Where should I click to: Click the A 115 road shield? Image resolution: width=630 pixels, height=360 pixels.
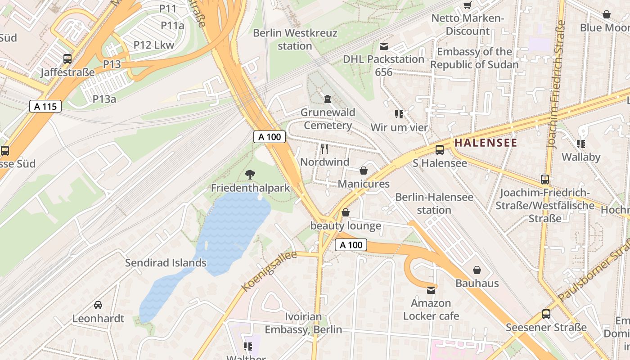pos(45,106)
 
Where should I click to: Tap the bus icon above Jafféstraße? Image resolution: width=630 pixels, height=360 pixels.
pos(67,58)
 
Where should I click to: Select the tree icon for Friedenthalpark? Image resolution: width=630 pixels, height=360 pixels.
pos(250,174)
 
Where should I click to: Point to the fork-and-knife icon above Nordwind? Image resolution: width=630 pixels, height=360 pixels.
pos(324,148)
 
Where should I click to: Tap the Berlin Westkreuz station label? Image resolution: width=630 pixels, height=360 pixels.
pos(295,40)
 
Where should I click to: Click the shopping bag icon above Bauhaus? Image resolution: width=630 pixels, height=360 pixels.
pos(477,270)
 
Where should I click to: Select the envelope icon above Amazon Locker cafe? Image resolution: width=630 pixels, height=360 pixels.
pos(431,290)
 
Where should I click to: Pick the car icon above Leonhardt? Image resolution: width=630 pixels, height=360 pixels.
pos(98,305)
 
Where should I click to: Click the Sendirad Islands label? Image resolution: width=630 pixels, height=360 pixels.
pos(166,263)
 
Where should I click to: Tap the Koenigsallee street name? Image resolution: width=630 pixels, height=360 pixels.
pos(269,271)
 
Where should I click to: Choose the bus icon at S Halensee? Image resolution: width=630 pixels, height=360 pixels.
pos(440,150)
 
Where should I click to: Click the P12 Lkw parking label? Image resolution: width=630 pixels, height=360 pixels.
pos(154,45)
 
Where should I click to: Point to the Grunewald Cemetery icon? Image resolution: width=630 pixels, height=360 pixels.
pos(328,98)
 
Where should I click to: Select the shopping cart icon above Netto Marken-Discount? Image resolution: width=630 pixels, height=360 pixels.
pos(468,5)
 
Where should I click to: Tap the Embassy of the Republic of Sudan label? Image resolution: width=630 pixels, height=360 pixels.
pos(474,58)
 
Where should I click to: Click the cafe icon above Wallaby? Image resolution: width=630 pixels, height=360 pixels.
pos(580,144)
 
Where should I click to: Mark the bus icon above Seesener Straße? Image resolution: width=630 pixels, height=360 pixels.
pos(546,314)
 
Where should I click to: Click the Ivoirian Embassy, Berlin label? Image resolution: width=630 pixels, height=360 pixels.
pos(303,323)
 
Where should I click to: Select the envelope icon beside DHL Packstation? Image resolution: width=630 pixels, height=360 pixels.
pos(384,46)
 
